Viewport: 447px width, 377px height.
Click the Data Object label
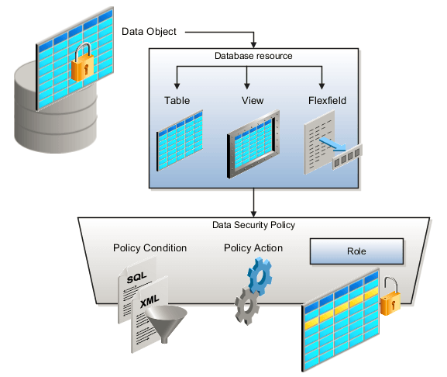(x=149, y=32)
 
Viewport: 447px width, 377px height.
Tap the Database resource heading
(x=253, y=56)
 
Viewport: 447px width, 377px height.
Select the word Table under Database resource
(x=177, y=101)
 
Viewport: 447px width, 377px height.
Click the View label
(x=246, y=101)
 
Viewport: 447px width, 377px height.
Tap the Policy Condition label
(x=150, y=248)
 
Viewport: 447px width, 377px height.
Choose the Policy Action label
(x=253, y=248)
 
